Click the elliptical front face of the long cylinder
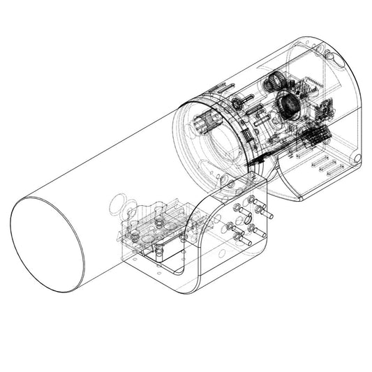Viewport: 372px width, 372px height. (47, 244)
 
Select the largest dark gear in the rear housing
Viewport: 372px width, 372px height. (288, 105)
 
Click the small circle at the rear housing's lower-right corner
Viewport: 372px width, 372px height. (357, 159)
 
